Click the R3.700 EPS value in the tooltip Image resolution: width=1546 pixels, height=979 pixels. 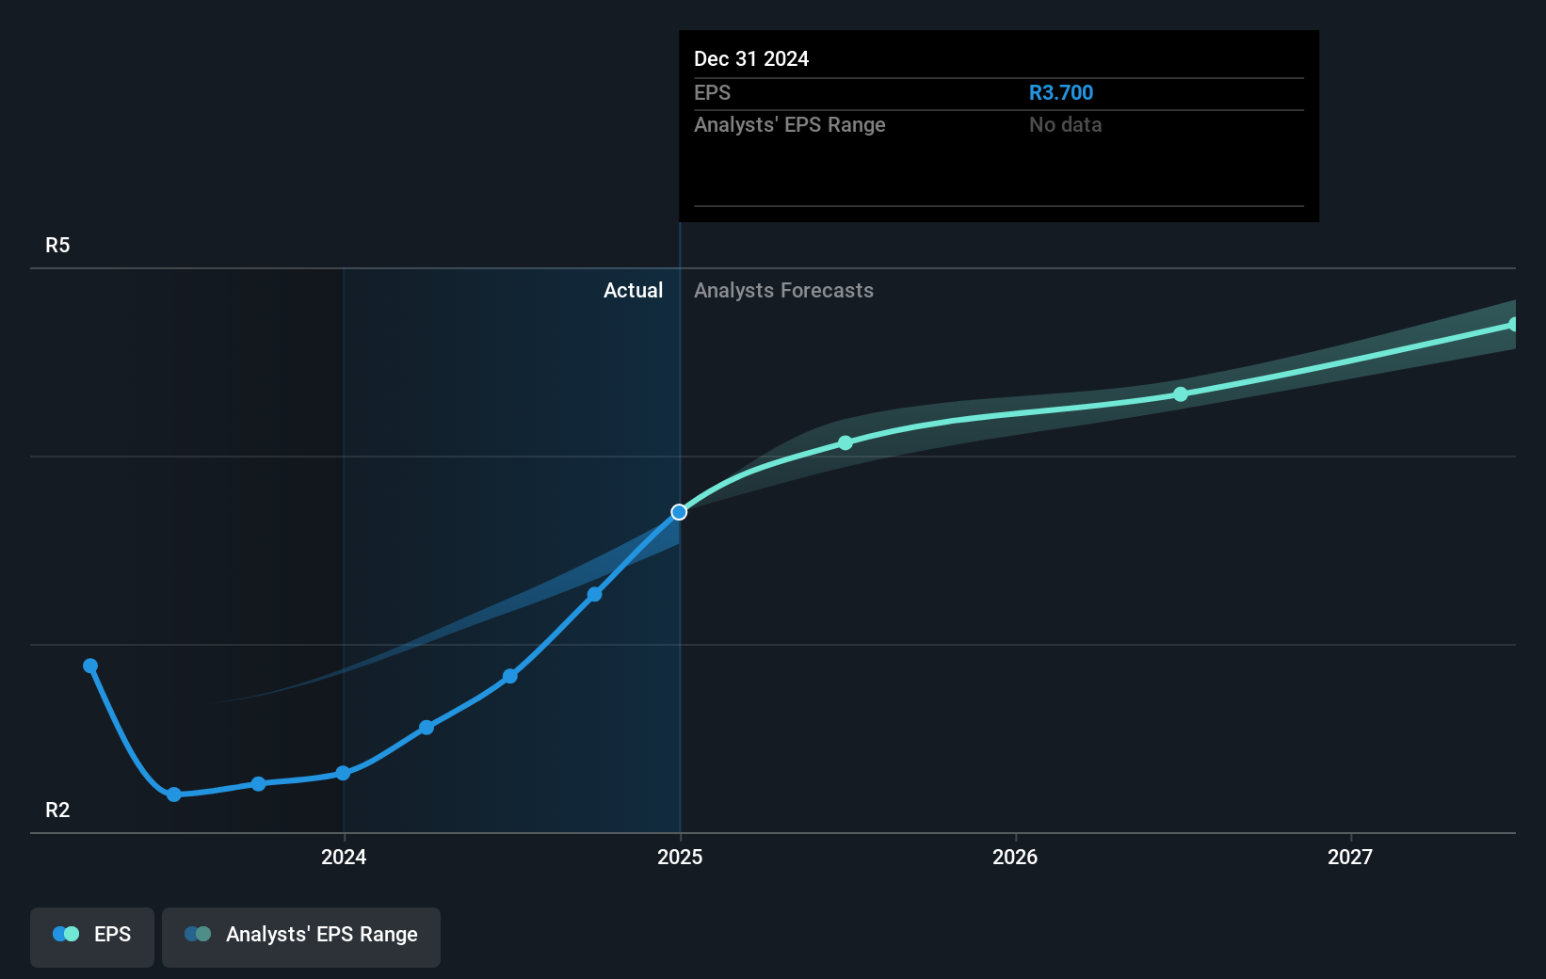pyautogui.click(x=1060, y=93)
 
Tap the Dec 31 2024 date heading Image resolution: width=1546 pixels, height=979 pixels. pyautogui.click(x=750, y=59)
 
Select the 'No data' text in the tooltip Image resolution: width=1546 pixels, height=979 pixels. pyautogui.click(x=1065, y=125)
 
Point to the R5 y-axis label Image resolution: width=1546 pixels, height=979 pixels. pyautogui.click(x=57, y=246)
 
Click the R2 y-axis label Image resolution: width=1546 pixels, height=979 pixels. pyautogui.click(x=57, y=810)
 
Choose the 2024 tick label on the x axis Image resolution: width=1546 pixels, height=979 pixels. pyautogui.click(x=344, y=857)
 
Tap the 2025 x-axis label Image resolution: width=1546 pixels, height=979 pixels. pyautogui.click(x=680, y=857)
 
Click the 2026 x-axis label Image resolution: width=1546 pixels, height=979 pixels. pyautogui.click(x=1015, y=857)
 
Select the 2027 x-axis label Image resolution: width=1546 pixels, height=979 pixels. pyautogui.click(x=1350, y=857)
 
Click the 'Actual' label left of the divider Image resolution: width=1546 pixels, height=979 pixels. pyautogui.click(x=633, y=291)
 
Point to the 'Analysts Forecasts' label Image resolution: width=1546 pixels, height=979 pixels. pyautogui.click(x=783, y=291)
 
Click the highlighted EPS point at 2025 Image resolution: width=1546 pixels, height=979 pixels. pyautogui.click(x=679, y=512)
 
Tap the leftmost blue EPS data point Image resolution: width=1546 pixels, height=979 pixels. pyautogui.click(x=90, y=666)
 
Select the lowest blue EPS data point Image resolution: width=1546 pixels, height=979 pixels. pyautogui.click(x=174, y=794)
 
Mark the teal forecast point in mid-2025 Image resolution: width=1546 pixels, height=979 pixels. pyautogui.click(x=845, y=442)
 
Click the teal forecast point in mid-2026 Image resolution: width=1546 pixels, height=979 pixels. pyautogui.click(x=1181, y=394)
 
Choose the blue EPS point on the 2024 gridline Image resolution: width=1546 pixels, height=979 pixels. pyautogui.click(x=344, y=773)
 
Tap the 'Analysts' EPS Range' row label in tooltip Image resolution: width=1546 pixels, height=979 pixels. pyautogui.click(x=789, y=125)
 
